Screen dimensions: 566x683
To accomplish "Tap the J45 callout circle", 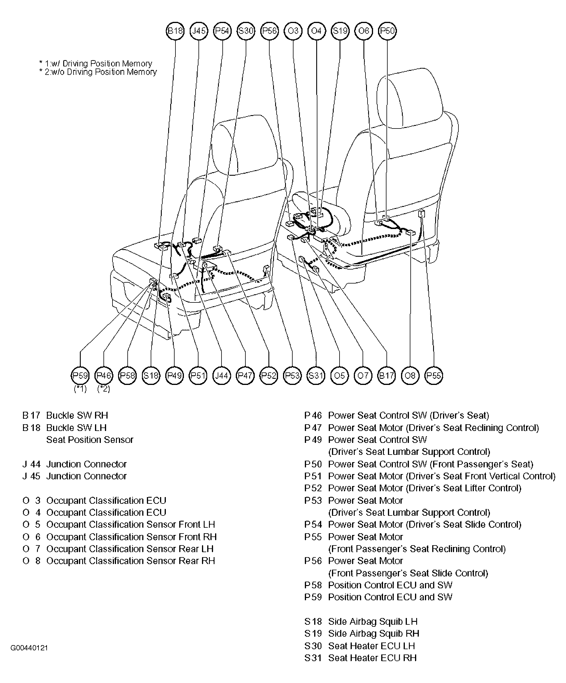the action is point(199,31).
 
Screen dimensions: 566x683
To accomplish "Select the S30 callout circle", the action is point(246,31).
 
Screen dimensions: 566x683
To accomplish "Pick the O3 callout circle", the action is point(293,31).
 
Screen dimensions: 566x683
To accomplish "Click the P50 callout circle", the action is point(387,31).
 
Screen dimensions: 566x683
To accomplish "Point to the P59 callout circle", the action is point(80,376).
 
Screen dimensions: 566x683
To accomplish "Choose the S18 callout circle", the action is point(151,376).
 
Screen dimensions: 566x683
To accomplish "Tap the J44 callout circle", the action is point(222,376).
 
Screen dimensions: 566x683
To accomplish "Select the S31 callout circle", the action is point(316,376).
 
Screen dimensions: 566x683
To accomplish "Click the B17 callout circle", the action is point(386,376).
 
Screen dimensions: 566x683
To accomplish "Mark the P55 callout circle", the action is point(434,376).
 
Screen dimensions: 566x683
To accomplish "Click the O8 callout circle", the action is point(410,376).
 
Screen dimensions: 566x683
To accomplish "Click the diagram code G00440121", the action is point(29,648).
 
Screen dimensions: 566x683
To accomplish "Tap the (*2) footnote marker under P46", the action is point(104,389).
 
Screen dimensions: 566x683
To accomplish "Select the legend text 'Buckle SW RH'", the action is point(77,416).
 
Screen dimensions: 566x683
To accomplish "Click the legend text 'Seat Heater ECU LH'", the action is point(372,646).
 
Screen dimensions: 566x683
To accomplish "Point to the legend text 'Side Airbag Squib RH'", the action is point(374,633).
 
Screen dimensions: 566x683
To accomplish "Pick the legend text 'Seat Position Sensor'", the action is point(90,440).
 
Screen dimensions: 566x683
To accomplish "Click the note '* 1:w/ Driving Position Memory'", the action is point(96,64).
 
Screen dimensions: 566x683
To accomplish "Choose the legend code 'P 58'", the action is point(313,585).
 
